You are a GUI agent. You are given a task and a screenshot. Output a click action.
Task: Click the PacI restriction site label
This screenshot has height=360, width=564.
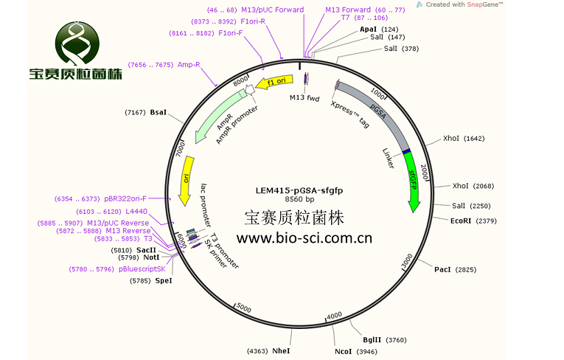point(442,270)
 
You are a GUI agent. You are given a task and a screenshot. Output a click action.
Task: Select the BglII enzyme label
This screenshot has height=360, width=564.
point(372,339)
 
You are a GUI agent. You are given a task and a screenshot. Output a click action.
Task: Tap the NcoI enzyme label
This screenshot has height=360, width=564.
point(344,351)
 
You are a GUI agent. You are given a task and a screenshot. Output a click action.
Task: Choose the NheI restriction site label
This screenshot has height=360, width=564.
point(281,351)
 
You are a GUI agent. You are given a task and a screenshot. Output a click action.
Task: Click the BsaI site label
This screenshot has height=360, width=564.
point(159,113)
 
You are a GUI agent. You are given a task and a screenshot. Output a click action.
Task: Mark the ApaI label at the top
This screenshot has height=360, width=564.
point(368,29)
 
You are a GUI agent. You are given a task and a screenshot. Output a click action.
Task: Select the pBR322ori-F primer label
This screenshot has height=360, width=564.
point(125,198)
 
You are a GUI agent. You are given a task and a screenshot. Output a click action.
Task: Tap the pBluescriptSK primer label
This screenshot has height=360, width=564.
point(142,269)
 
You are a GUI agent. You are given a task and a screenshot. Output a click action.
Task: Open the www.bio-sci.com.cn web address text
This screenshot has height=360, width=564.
point(304,238)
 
